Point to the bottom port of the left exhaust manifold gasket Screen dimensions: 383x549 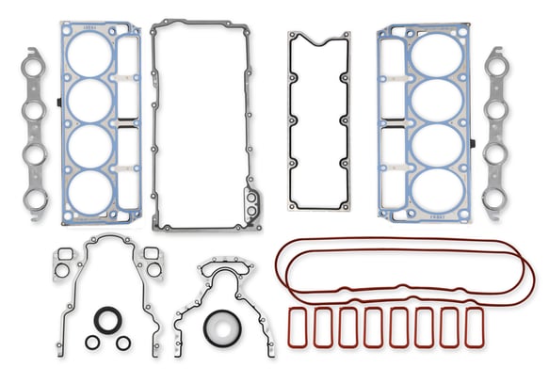35,185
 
